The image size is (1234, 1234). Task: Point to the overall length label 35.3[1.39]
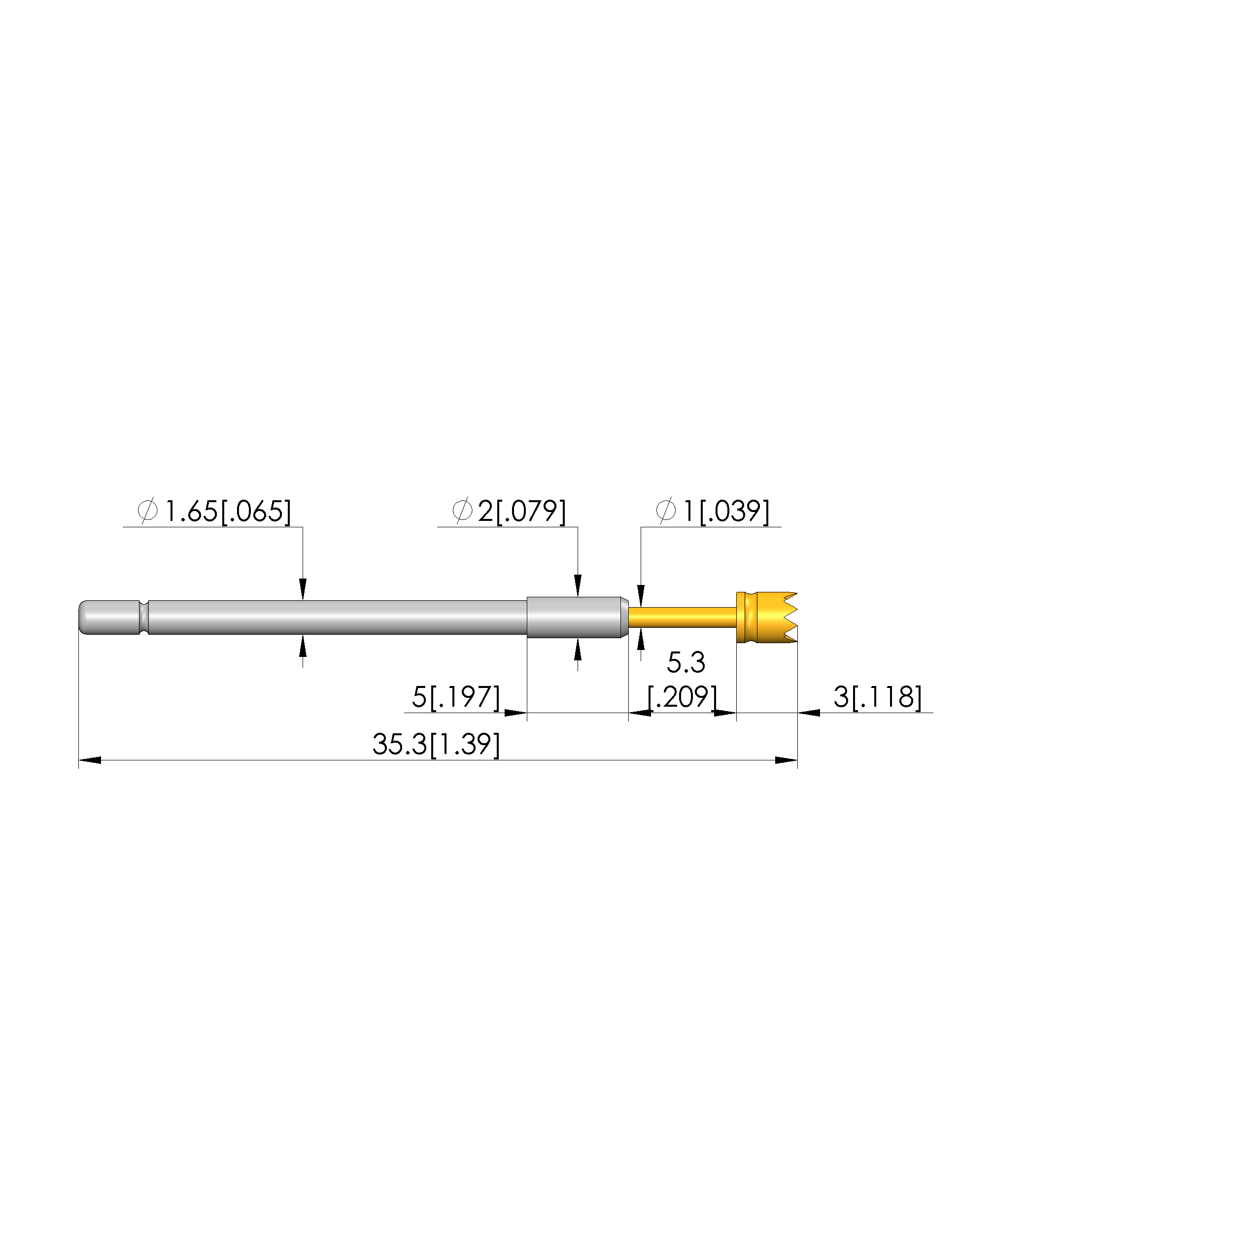436,745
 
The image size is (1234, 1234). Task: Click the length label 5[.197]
456,697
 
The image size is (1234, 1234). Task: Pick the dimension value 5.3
686,663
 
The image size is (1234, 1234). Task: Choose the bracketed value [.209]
682,697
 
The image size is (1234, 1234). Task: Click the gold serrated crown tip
766,617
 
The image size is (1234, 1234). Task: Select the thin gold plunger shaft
682,617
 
